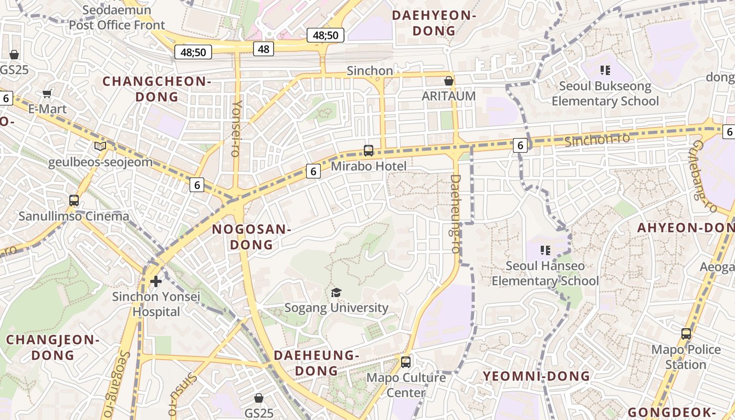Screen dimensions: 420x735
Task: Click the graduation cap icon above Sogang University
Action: pos(336,292)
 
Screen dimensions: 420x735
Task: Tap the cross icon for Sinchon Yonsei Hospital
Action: pos(156,281)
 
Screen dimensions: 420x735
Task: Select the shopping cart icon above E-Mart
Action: pos(47,94)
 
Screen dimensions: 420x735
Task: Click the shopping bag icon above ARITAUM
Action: pos(448,81)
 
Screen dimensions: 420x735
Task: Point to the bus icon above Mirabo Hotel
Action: pos(369,151)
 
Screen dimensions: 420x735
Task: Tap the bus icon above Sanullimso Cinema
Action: pos(74,201)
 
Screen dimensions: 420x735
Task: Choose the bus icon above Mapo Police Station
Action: pos(686,334)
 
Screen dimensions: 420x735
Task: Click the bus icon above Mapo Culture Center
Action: pos(405,362)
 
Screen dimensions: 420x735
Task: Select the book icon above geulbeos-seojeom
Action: pos(100,146)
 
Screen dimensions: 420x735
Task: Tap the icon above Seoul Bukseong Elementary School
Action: pos(605,70)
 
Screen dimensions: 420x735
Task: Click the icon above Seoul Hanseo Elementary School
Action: pos(545,250)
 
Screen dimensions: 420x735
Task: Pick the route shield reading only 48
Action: pos(264,49)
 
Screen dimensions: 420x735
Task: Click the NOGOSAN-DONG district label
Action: pos(251,237)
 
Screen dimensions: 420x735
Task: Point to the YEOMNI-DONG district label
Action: pos(537,376)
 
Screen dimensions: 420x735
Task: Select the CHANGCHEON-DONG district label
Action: pos(156,89)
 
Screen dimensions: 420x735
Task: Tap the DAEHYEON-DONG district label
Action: pos(434,23)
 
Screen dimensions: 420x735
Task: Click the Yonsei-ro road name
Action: pos(236,128)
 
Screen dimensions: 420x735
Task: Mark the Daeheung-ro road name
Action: pos(455,214)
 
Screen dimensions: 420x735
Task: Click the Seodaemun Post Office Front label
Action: pos(117,17)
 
